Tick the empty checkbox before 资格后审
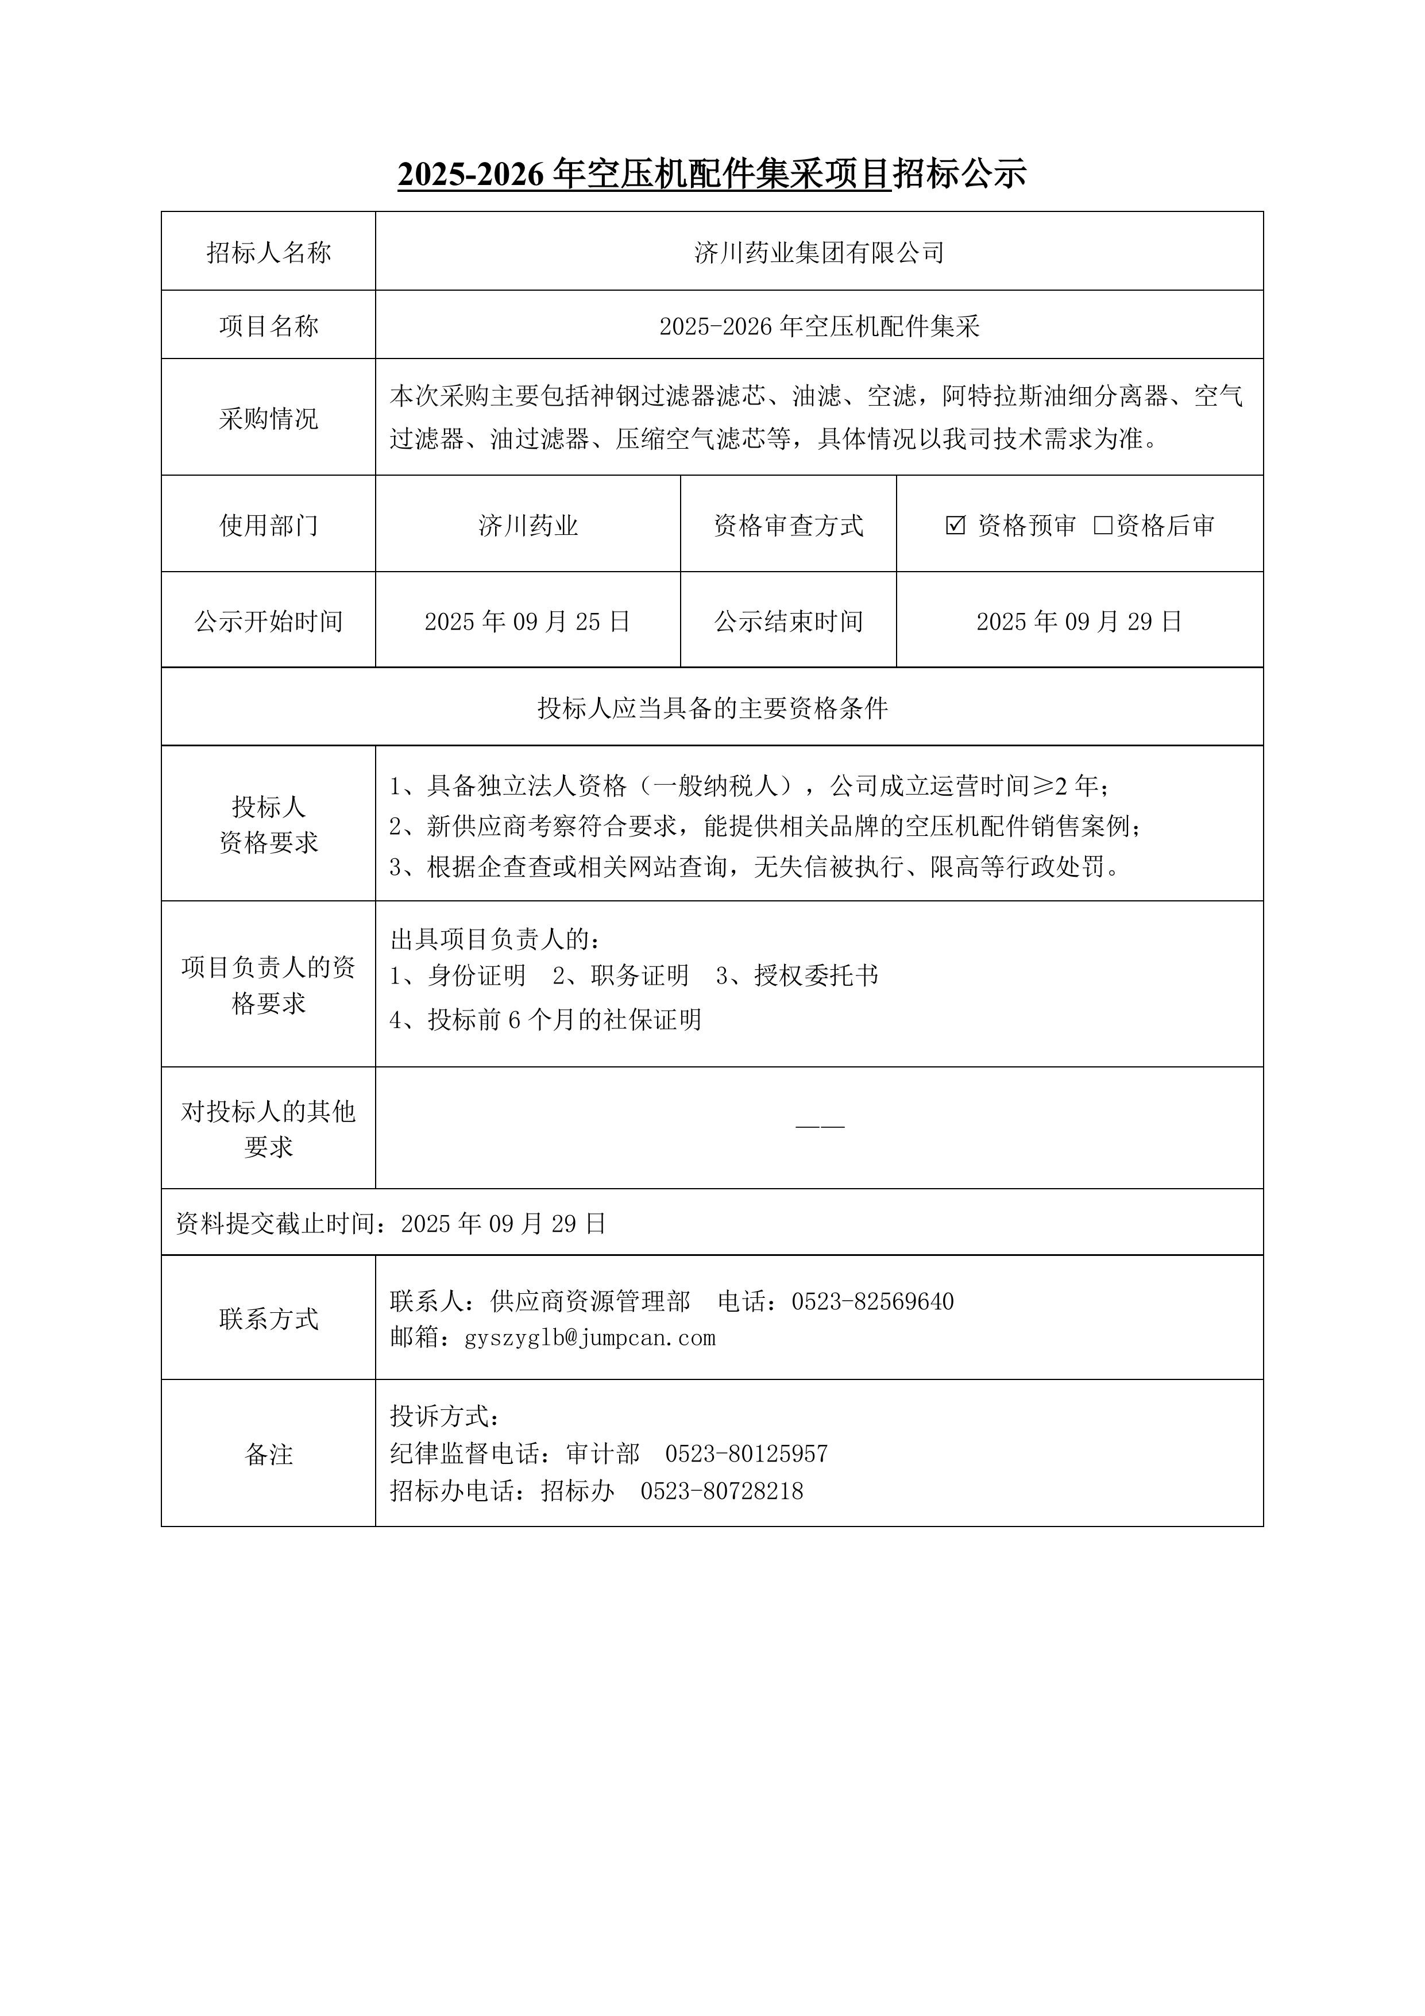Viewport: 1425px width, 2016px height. (x=1103, y=526)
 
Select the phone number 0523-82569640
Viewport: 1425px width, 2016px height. (x=872, y=1301)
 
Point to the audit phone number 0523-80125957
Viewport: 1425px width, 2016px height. (x=746, y=1454)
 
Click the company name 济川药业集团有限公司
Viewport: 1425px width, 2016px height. (x=818, y=253)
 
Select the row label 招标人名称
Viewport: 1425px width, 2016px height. (x=269, y=253)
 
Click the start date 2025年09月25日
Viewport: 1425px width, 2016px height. (x=528, y=622)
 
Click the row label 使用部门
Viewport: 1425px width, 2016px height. (x=269, y=526)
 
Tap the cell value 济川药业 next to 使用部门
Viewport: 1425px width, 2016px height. (x=528, y=526)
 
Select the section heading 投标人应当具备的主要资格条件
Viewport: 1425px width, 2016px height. (x=712, y=708)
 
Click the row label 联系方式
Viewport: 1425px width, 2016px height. (x=269, y=1319)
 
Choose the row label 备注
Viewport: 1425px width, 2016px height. (x=269, y=1455)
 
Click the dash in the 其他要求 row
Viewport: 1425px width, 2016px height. (x=819, y=1127)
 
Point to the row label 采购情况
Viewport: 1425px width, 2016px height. (x=269, y=418)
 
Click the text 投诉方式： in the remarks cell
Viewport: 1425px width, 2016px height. (x=446, y=1416)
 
